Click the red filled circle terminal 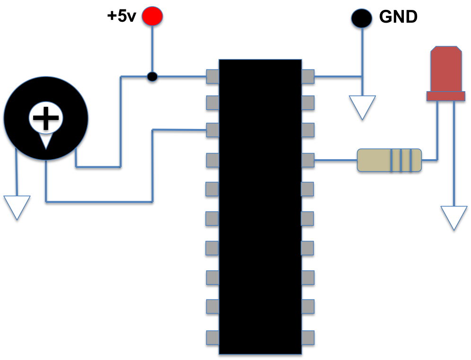[x=152, y=16]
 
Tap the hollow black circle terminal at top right [x=362, y=18]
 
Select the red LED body [x=446, y=68]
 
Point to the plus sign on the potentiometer [x=46, y=117]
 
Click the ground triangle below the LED [x=454, y=217]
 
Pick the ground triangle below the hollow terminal [x=362, y=107]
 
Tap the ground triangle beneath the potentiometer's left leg [x=17, y=206]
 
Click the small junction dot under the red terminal [x=152, y=77]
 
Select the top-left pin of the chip [x=212, y=77]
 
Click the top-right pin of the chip [x=308, y=77]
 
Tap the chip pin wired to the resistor [x=308, y=160]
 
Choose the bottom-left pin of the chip [x=212, y=337]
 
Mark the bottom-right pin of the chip [x=308, y=337]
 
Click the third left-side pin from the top [x=212, y=130]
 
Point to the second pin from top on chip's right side [x=308, y=103]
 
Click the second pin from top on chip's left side [x=212, y=103]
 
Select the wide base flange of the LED [x=445, y=96]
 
